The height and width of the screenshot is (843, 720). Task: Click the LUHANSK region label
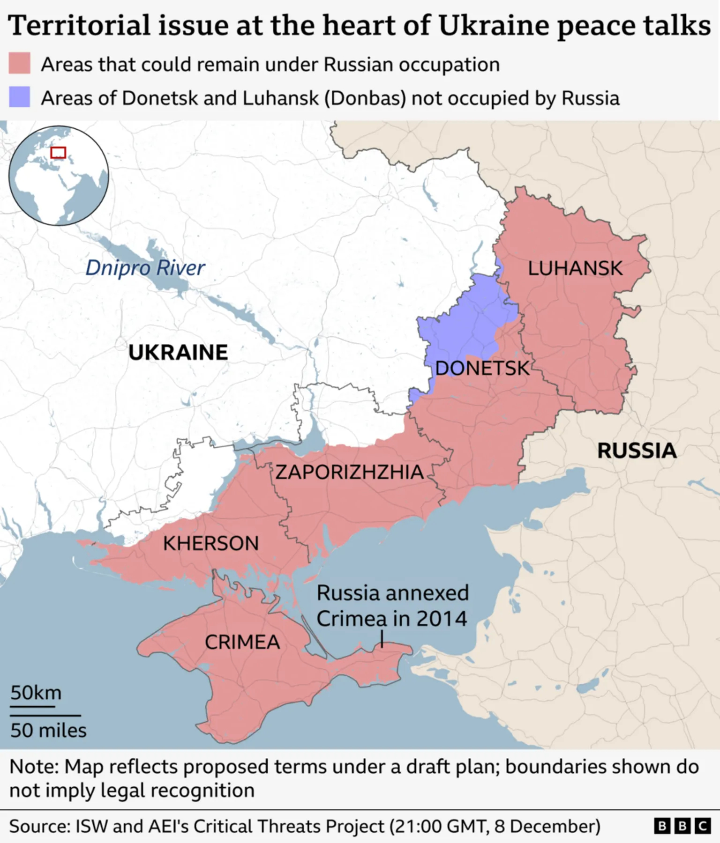[575, 268]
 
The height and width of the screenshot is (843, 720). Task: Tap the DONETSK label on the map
[482, 368]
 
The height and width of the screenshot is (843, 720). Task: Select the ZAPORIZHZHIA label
[349, 472]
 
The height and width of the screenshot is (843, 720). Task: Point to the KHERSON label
[211, 543]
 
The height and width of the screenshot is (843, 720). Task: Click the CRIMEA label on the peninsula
[242, 642]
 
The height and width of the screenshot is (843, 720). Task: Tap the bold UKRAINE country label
[178, 352]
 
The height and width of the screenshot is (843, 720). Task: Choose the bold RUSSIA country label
[637, 451]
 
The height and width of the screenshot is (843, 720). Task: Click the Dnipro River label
[145, 268]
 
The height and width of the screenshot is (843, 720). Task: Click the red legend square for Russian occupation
[20, 63]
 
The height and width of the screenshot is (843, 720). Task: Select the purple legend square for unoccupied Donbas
[20, 97]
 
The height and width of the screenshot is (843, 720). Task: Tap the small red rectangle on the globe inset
[58, 152]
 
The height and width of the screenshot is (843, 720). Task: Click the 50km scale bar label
[36, 692]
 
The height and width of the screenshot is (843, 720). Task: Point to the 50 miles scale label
[48, 730]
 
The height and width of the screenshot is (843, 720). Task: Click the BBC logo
[682, 826]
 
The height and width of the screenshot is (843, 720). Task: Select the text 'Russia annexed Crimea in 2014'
[392, 606]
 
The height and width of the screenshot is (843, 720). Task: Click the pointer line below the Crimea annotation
[382, 639]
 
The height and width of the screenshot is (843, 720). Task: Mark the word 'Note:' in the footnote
[34, 767]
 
